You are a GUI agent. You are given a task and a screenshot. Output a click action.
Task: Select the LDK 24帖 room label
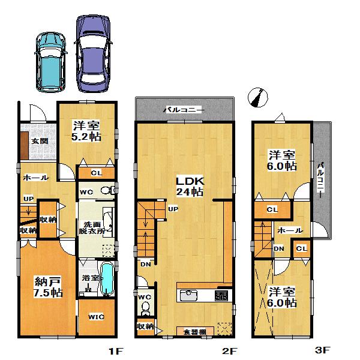[x=188, y=186]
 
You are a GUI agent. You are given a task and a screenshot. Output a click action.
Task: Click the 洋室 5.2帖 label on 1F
[x=86, y=131]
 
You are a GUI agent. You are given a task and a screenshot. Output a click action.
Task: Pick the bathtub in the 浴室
[x=107, y=281]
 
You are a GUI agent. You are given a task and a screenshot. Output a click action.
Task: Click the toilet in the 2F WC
[x=145, y=308]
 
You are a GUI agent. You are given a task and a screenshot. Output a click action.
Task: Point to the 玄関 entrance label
[x=40, y=141]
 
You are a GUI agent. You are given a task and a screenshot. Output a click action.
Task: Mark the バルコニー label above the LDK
[x=184, y=110]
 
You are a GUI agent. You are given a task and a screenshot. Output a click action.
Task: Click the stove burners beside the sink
[x=221, y=295]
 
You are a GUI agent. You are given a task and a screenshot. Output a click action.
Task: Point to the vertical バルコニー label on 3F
[x=321, y=174]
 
